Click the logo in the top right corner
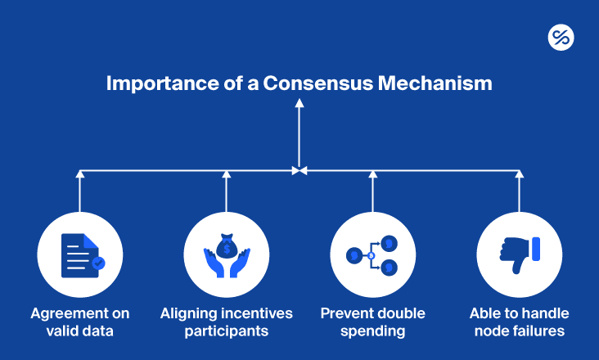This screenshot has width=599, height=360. (561, 37)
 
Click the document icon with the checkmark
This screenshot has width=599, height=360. (80, 254)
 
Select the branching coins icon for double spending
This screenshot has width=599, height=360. (372, 254)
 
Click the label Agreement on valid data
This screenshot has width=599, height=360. (79, 322)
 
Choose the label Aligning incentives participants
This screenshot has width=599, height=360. (226, 322)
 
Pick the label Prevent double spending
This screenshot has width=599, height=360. (372, 322)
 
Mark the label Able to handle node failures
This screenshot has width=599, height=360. (519, 322)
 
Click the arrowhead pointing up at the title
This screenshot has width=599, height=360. (299, 103)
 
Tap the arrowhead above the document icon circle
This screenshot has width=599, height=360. (79, 173)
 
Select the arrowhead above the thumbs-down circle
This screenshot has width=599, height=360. (519, 173)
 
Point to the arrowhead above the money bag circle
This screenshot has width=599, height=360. (226, 173)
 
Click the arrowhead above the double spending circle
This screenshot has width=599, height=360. (372, 173)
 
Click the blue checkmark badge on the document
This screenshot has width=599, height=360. (98, 263)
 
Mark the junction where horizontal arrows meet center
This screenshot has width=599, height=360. (299, 170)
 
